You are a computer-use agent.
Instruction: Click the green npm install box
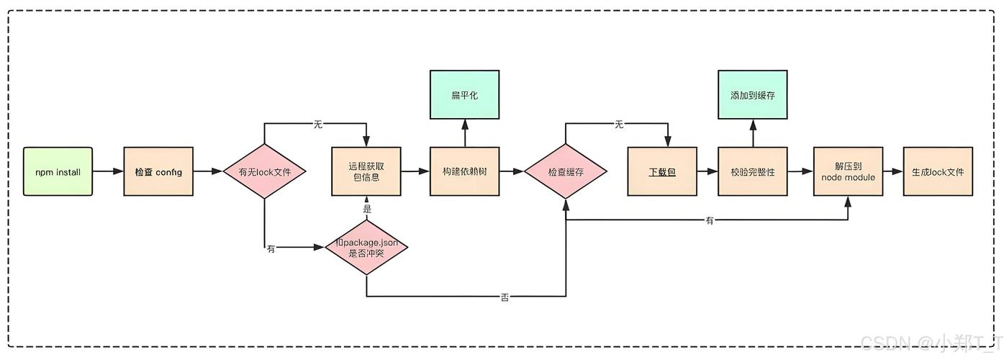[58, 171]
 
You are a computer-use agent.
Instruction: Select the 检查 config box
[158, 171]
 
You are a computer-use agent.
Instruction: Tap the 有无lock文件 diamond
[265, 171]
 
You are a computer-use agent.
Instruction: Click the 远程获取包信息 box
[366, 171]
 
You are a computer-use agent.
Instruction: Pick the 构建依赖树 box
[464, 171]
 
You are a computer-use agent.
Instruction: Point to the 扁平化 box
[464, 94]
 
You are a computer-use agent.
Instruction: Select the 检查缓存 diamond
[566, 172]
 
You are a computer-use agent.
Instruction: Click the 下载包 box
[662, 171]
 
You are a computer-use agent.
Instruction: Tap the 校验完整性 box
[752, 171]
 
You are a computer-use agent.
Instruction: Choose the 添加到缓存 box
[752, 94]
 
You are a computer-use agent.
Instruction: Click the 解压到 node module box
[848, 171]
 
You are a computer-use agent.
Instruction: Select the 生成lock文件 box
[937, 171]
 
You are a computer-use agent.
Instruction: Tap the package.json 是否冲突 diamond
[366, 248]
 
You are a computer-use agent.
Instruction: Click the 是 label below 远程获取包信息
[366, 209]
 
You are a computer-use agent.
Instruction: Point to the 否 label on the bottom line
[504, 297]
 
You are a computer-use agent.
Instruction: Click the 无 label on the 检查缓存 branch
[618, 125]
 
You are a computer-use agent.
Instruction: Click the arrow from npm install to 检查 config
[108, 171]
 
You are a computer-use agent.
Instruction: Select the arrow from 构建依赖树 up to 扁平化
[464, 133]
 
